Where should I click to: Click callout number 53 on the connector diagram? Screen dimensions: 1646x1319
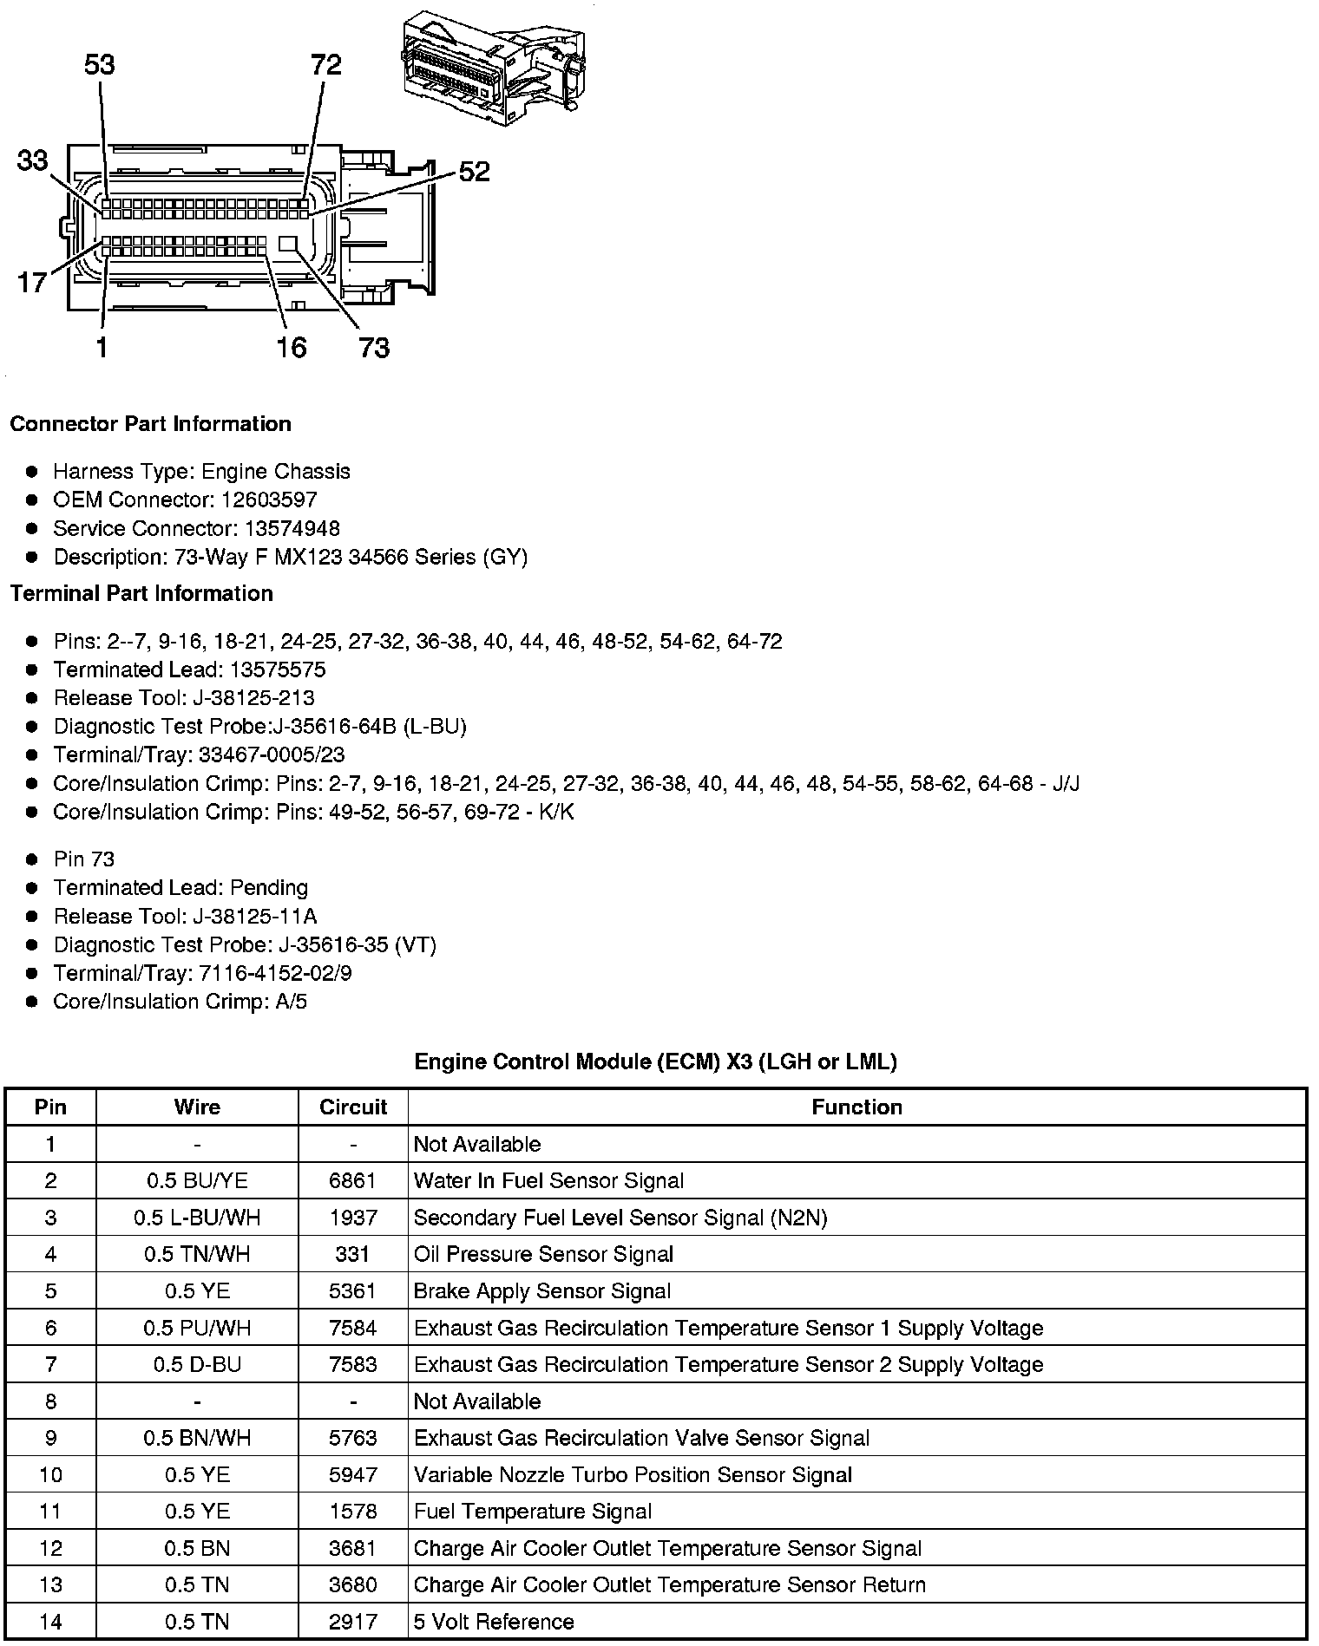point(100,65)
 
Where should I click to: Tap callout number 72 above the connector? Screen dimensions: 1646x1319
point(325,65)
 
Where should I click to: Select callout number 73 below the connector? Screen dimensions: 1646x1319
point(374,348)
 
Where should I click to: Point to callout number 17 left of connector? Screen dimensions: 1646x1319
point(32,282)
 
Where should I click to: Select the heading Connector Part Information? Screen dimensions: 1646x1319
point(150,424)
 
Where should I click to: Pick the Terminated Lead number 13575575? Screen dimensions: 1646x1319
point(278,670)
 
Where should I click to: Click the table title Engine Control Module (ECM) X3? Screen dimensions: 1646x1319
point(655,1061)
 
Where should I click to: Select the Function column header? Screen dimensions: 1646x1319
point(856,1107)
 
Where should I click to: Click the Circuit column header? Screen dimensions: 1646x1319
point(352,1107)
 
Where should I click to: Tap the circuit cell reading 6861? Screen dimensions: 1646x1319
point(352,1181)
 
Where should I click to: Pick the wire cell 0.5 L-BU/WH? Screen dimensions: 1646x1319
point(197,1218)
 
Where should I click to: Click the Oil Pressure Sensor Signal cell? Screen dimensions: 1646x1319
point(543,1255)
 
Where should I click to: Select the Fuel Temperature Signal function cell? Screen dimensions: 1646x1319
point(532,1512)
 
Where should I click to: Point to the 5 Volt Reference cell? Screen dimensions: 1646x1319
point(494,1623)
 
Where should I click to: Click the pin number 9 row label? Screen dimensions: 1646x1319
point(50,1439)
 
